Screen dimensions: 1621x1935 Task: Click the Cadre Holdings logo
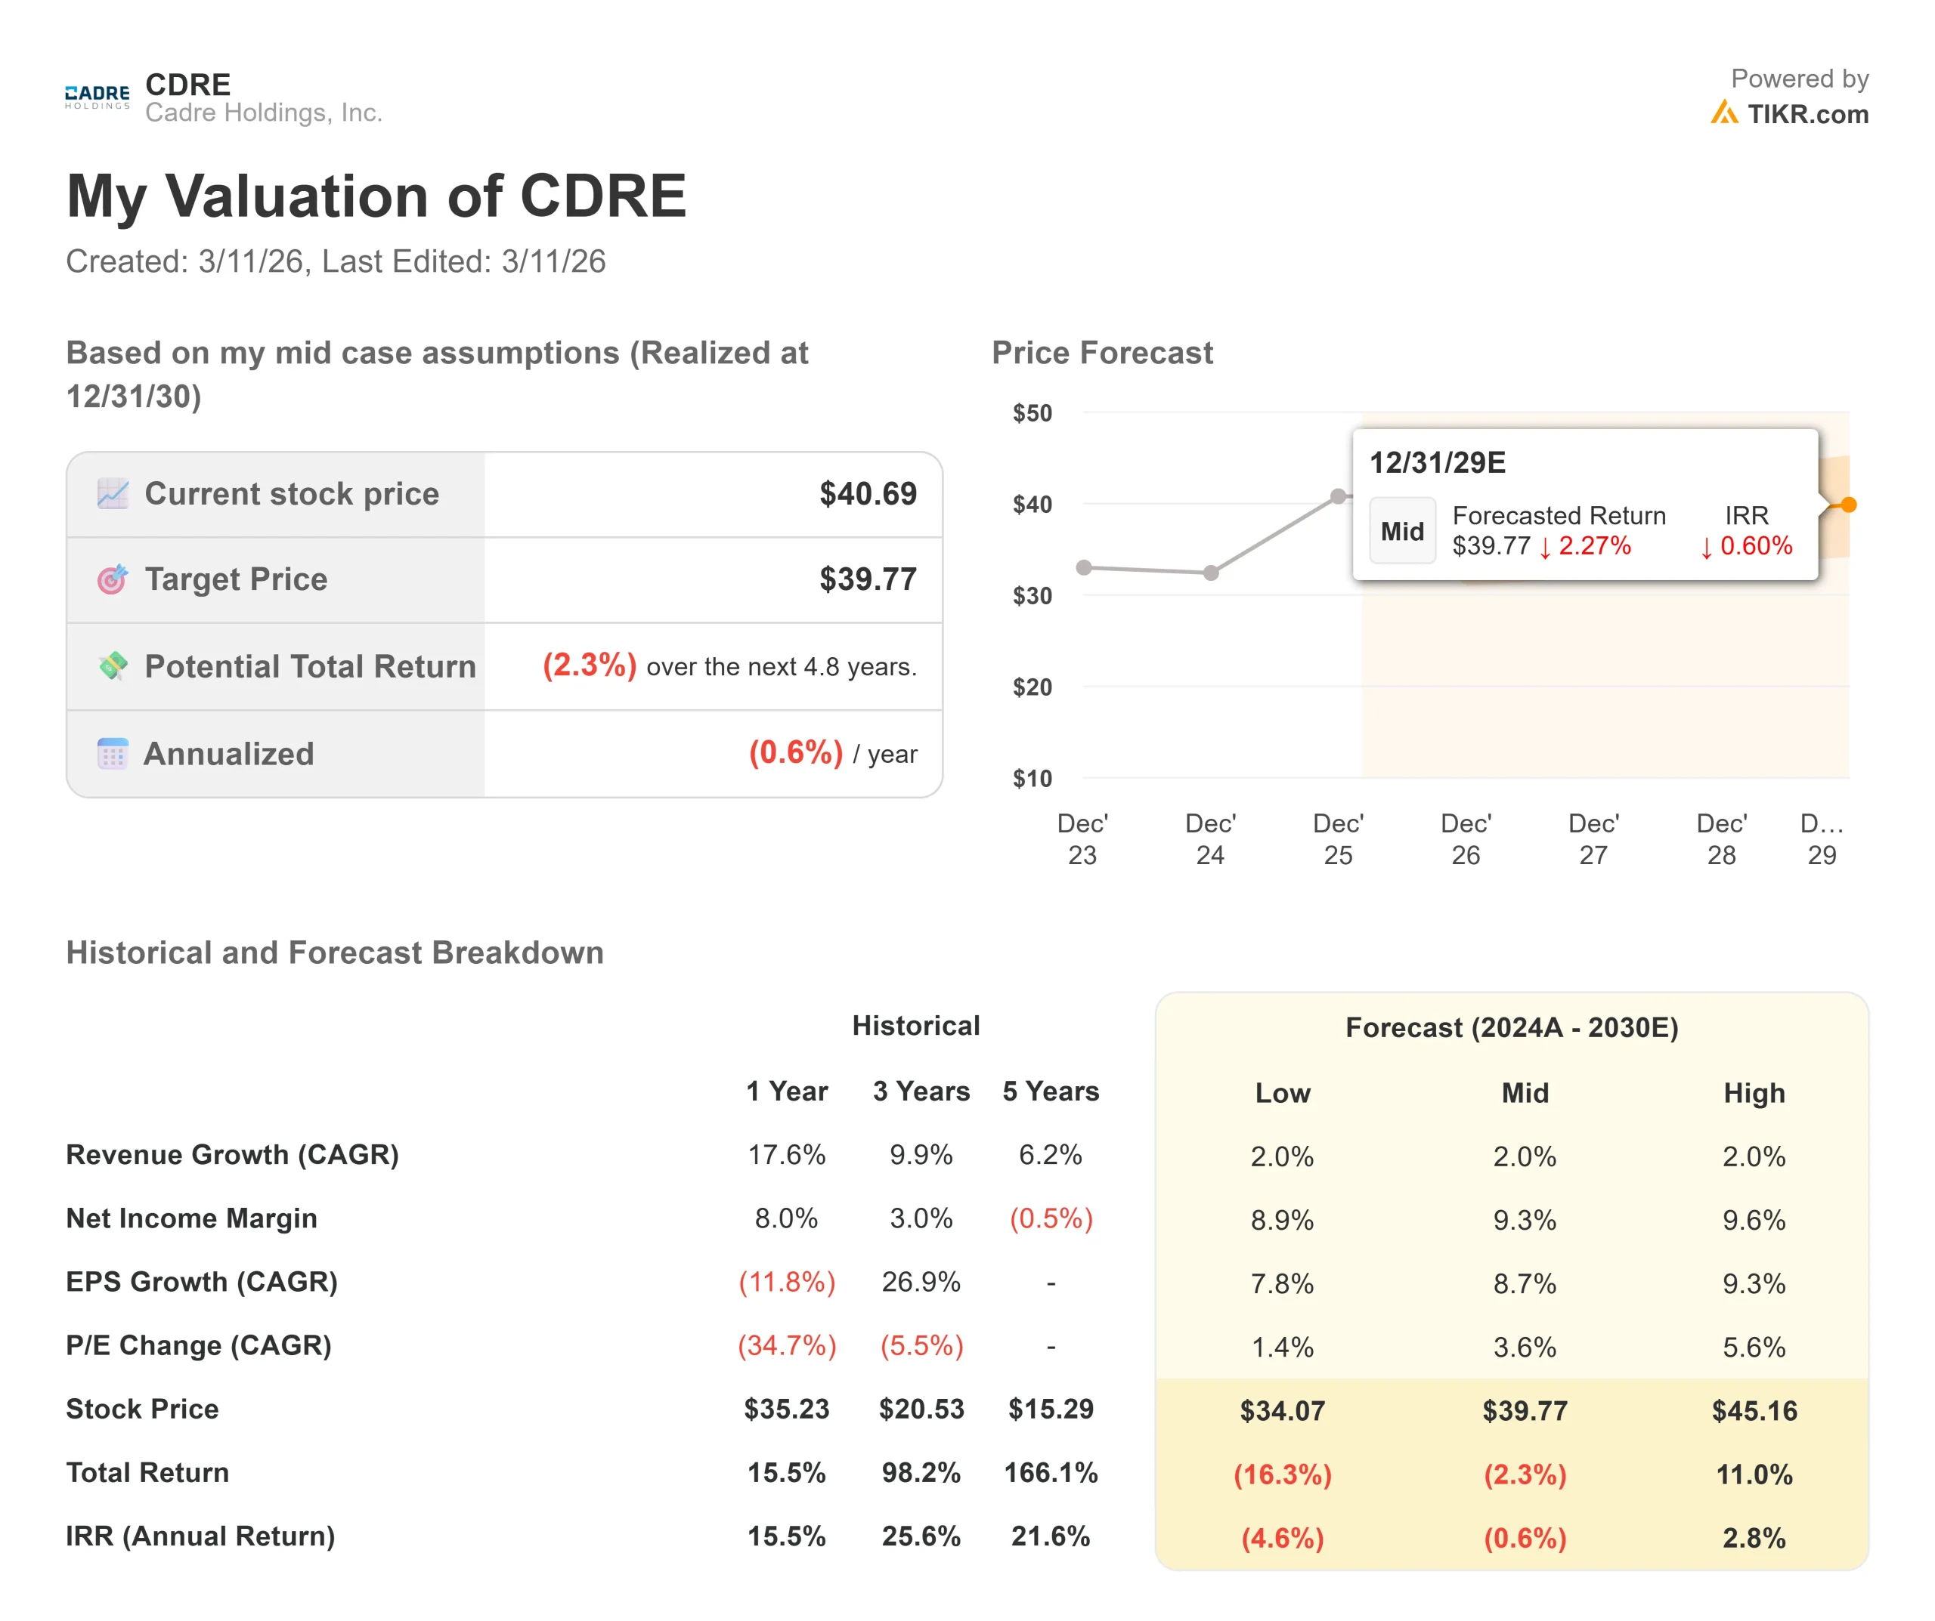click(97, 97)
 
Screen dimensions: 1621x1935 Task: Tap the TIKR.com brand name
click(1807, 114)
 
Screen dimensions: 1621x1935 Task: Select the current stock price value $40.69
click(868, 494)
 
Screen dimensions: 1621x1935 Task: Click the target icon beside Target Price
click(113, 579)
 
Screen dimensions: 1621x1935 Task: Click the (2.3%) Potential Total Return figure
click(589, 665)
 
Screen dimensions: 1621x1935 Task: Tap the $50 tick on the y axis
click(1032, 413)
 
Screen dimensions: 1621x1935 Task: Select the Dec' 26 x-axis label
click(1465, 839)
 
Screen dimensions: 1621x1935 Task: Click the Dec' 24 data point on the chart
click(1211, 573)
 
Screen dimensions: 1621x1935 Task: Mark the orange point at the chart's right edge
click(1848, 505)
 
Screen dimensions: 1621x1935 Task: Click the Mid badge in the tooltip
click(1401, 532)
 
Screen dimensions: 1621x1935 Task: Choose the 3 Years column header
click(921, 1091)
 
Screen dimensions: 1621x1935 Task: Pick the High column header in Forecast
click(1754, 1093)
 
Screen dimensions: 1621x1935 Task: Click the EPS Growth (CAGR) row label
click(202, 1282)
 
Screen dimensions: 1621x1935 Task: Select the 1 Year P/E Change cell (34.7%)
click(786, 1345)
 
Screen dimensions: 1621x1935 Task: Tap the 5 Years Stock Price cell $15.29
click(1051, 1409)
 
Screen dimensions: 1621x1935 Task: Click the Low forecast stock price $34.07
click(1282, 1411)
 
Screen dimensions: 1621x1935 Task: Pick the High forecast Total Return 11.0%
click(1754, 1474)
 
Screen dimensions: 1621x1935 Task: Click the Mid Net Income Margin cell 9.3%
click(1524, 1221)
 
